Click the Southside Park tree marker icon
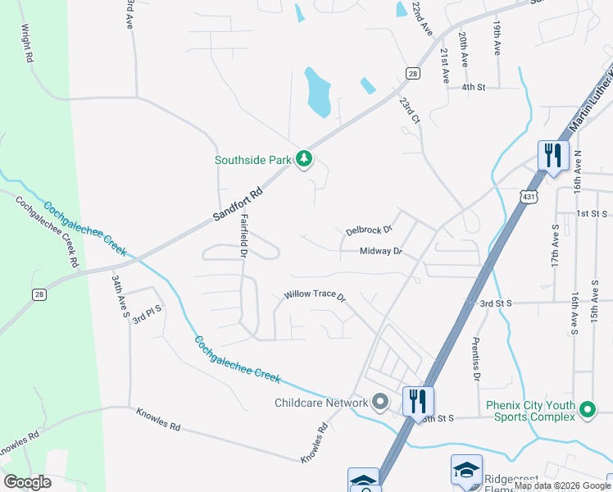click(304, 158)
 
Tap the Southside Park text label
click(253, 161)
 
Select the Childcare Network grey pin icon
click(379, 402)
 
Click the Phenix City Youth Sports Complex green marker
click(588, 410)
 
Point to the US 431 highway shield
click(528, 197)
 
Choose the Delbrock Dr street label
click(370, 231)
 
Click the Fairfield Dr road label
click(243, 235)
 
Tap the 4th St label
click(474, 86)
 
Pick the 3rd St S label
click(496, 303)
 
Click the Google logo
click(26, 482)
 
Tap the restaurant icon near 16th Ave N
click(553, 155)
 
